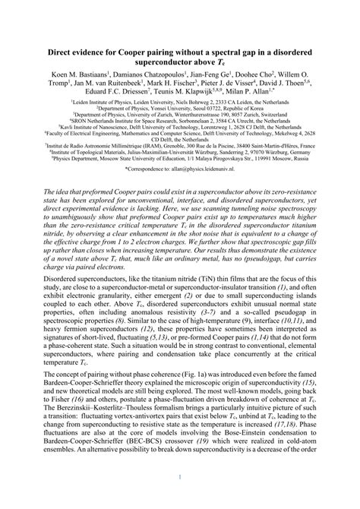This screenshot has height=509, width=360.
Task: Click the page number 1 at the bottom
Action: tap(179, 498)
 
